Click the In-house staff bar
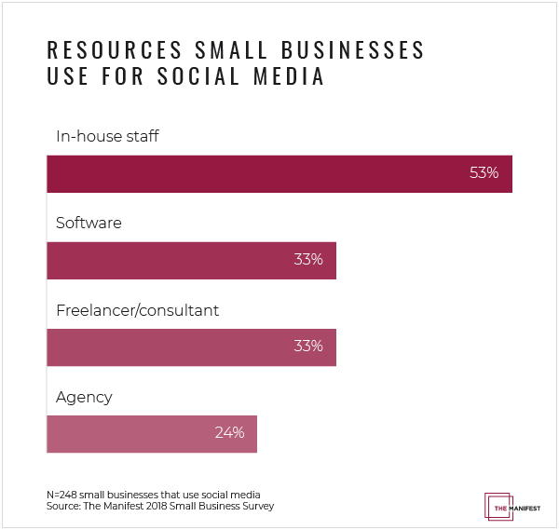tap(279, 173)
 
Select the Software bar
tap(191, 260)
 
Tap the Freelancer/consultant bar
tap(191, 347)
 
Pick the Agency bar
tap(151, 433)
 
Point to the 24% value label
tap(229, 433)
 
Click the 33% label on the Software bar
tap(308, 260)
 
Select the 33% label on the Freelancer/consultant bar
tap(308, 347)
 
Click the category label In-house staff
tap(107, 137)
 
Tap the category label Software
tap(89, 224)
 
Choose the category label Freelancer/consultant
tap(137, 310)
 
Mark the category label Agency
tap(84, 397)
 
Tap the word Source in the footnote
tap(62, 506)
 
